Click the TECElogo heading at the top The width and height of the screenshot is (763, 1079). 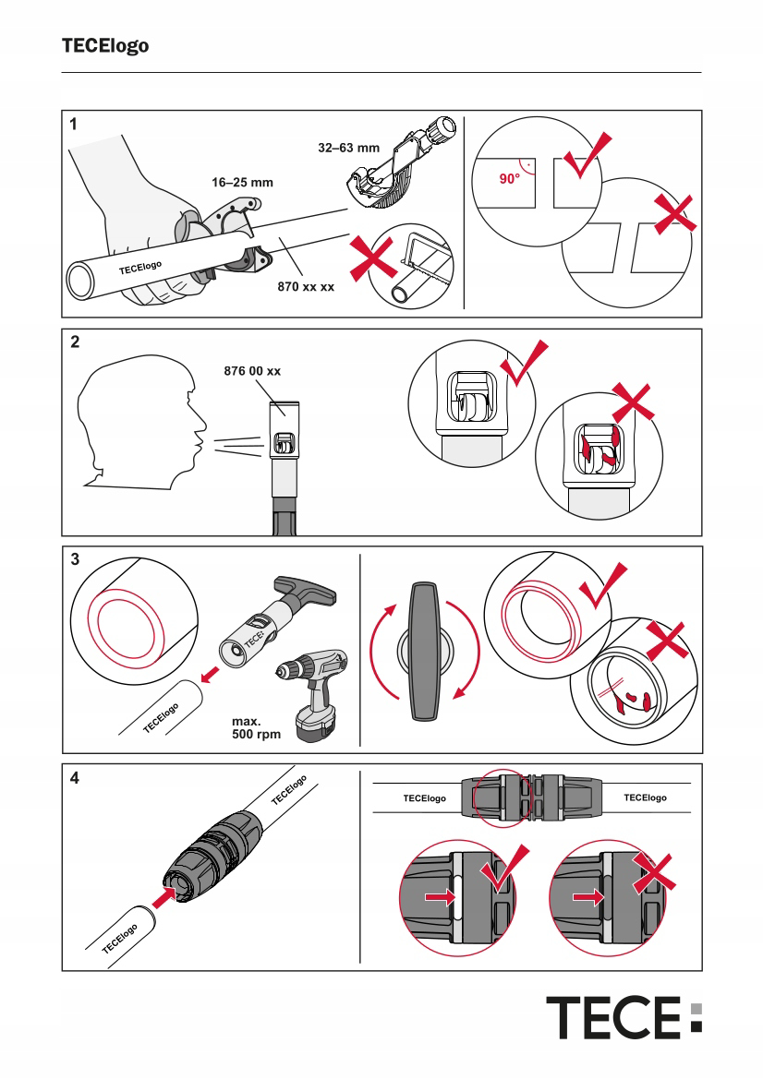pyautogui.click(x=105, y=45)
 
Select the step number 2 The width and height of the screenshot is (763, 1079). pyautogui.click(x=75, y=342)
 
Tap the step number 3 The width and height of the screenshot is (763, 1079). pyautogui.click(x=75, y=558)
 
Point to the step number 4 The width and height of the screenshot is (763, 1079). pyautogui.click(x=75, y=777)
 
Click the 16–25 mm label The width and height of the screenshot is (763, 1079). pyautogui.click(x=242, y=183)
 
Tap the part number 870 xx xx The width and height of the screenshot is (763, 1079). pyautogui.click(x=306, y=287)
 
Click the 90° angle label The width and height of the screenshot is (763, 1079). pyautogui.click(x=510, y=178)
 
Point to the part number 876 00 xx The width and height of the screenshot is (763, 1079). pyautogui.click(x=252, y=371)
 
